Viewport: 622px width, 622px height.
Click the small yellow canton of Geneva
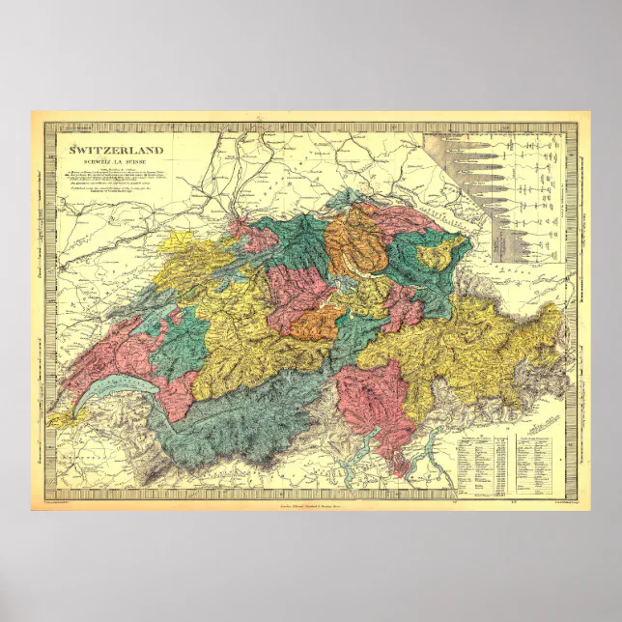[x=60, y=419]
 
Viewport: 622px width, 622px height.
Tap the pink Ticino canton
[x=372, y=401]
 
